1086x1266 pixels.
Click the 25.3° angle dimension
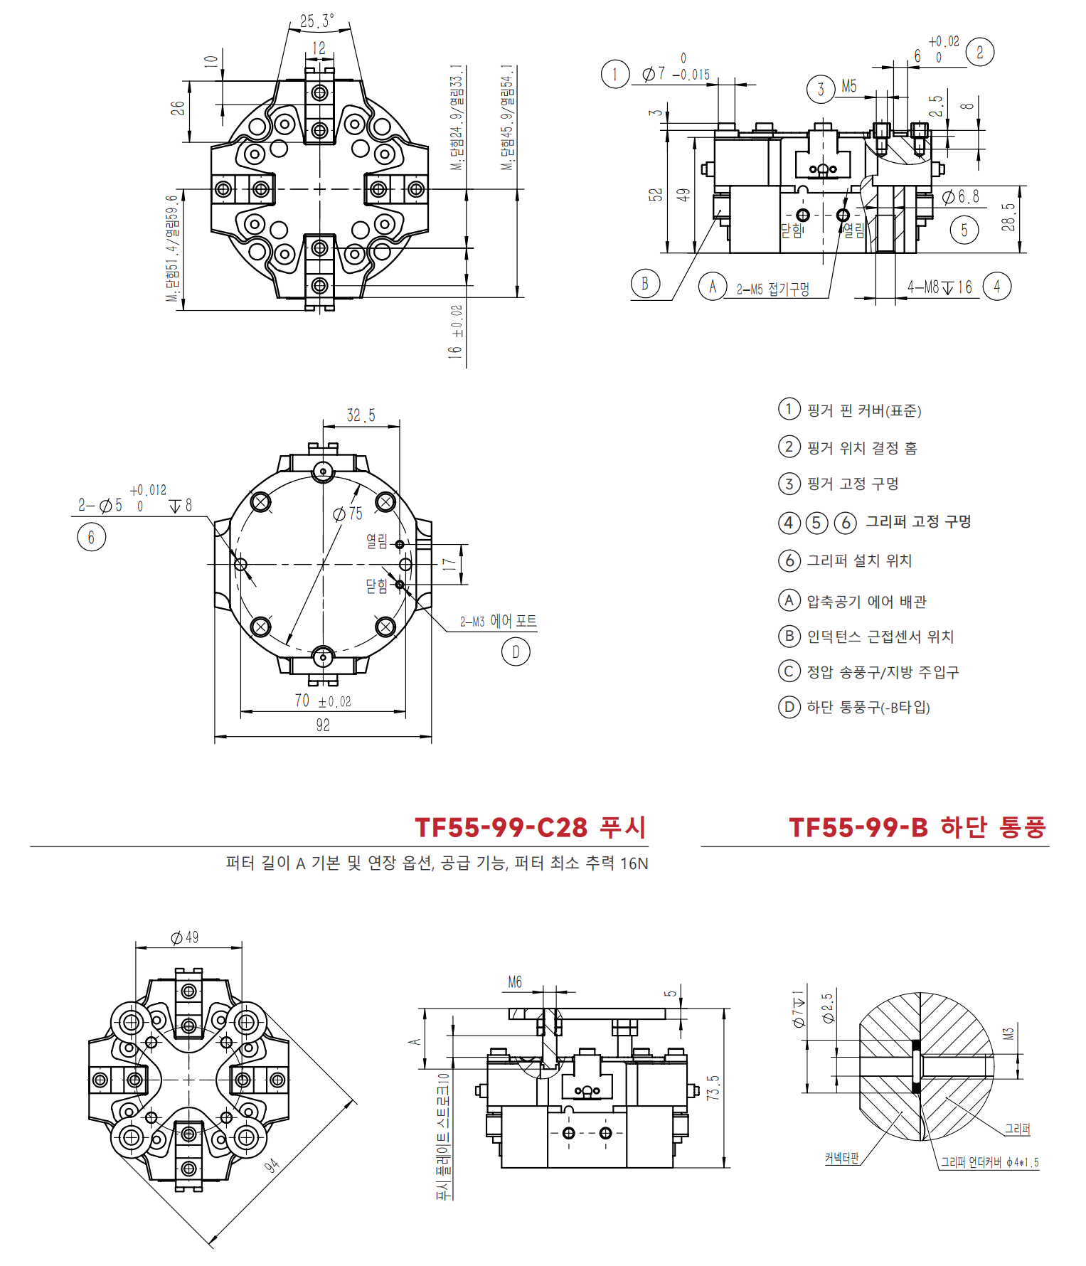(317, 21)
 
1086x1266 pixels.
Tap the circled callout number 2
(980, 52)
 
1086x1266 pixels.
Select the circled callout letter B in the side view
(645, 284)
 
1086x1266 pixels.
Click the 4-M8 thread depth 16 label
(939, 287)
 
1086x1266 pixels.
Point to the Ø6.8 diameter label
(961, 197)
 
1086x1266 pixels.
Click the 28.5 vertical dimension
(1008, 217)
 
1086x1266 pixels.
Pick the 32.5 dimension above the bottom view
(361, 415)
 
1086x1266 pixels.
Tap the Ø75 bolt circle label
(348, 514)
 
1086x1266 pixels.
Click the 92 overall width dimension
(323, 725)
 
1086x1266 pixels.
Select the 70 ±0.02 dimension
(323, 701)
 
